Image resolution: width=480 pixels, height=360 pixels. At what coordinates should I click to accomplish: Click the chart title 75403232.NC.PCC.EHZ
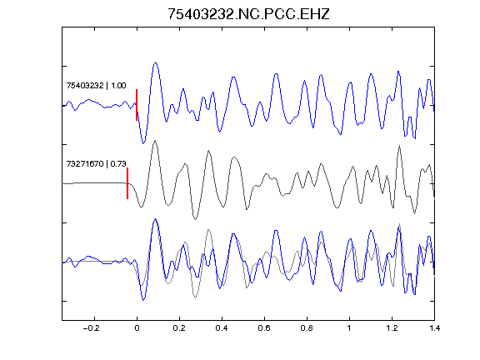[x=248, y=14]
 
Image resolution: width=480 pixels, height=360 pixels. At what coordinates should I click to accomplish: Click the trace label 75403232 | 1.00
[x=96, y=85]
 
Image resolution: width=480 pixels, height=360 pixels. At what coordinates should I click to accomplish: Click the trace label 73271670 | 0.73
[x=96, y=164]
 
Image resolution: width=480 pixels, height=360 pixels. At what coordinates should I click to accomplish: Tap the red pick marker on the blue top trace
[x=137, y=105]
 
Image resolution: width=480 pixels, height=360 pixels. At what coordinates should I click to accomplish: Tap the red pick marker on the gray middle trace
[x=127, y=183]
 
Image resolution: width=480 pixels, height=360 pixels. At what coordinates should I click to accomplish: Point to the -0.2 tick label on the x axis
[x=92, y=328]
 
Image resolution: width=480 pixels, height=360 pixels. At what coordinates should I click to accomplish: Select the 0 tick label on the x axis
[x=137, y=328]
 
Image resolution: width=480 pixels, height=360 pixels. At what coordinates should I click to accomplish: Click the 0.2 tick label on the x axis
[x=179, y=328]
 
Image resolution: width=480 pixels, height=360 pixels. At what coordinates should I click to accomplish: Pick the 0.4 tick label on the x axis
[x=222, y=328]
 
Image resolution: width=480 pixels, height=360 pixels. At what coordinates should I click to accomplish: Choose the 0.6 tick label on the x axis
[x=264, y=328]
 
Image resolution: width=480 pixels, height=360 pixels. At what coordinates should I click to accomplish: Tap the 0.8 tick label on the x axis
[x=307, y=328]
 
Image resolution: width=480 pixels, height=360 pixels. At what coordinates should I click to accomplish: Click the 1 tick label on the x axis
[x=349, y=328]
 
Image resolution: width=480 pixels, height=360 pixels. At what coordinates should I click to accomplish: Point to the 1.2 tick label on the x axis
[x=392, y=328]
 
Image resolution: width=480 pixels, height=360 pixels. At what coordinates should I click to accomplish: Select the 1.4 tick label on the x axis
[x=434, y=328]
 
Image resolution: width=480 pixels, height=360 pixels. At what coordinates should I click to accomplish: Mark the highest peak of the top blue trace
[x=156, y=63]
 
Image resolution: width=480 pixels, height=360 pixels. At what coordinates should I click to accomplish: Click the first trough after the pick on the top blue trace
[x=143, y=143]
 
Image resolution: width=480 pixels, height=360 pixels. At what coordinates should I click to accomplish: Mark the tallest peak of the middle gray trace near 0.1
[x=156, y=141]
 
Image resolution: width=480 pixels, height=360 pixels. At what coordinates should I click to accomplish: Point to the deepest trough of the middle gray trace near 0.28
[x=195, y=219]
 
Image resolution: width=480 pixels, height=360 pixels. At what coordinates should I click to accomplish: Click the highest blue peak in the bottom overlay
[x=156, y=219]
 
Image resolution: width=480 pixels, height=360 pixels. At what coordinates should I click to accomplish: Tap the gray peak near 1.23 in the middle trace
[x=399, y=146]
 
